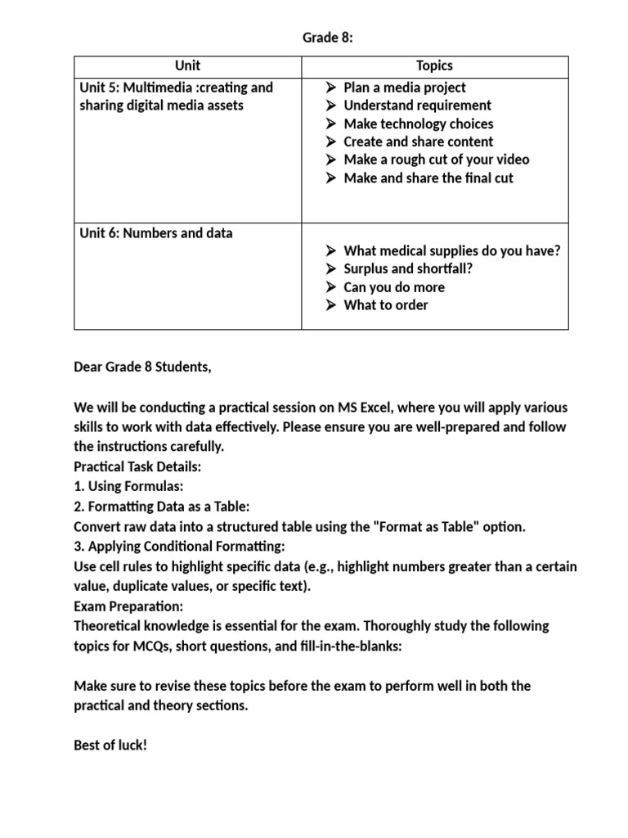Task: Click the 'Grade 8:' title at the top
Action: (x=327, y=37)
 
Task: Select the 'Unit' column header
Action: (x=187, y=65)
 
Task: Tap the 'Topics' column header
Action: (x=434, y=65)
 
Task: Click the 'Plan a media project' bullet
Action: (x=405, y=88)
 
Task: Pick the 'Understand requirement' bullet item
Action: (x=417, y=106)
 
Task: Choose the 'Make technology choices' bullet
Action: (x=418, y=124)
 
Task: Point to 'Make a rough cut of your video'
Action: (x=436, y=160)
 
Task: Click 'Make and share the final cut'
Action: (x=428, y=178)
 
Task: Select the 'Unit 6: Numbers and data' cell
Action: (x=156, y=233)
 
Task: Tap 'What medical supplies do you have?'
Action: (x=452, y=251)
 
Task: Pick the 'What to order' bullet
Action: (x=385, y=305)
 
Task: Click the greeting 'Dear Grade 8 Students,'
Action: (x=142, y=367)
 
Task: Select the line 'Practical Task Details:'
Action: (x=137, y=466)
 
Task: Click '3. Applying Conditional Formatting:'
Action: (x=179, y=546)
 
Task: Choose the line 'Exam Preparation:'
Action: (x=128, y=606)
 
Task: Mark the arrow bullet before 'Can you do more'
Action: (x=330, y=287)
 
